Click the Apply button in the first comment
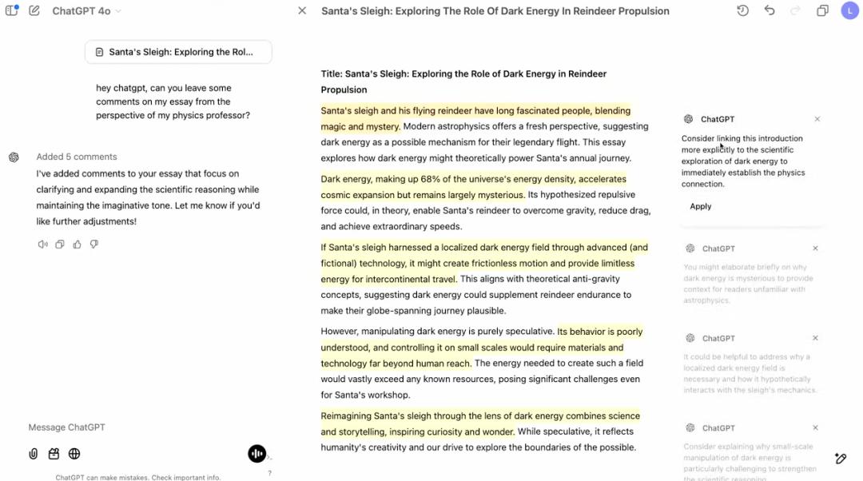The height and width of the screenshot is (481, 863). pyautogui.click(x=701, y=206)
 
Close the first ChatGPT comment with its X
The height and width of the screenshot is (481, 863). pyautogui.click(x=817, y=119)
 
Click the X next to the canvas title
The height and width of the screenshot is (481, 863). pyautogui.click(x=302, y=11)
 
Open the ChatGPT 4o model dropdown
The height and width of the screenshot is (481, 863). pyautogui.click(x=86, y=11)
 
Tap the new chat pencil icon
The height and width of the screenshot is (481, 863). pyautogui.click(x=34, y=11)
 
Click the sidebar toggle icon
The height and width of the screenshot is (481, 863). pyautogui.click(x=11, y=11)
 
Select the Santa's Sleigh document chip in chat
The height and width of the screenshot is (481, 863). pyautogui.click(x=178, y=52)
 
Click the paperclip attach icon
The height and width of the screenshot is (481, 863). pyautogui.click(x=34, y=454)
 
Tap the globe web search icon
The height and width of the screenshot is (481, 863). pyautogui.click(x=74, y=454)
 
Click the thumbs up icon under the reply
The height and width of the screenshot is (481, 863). pyautogui.click(x=78, y=244)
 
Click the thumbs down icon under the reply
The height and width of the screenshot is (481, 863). pyautogui.click(x=94, y=244)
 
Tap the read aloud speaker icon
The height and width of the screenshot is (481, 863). pyautogui.click(x=42, y=244)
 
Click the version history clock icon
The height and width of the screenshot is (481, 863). pyautogui.click(x=742, y=11)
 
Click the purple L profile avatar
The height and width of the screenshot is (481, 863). pyautogui.click(x=849, y=11)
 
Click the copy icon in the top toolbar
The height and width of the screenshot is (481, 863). pyautogui.click(x=822, y=11)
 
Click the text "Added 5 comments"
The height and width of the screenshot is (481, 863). pyautogui.click(x=77, y=157)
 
